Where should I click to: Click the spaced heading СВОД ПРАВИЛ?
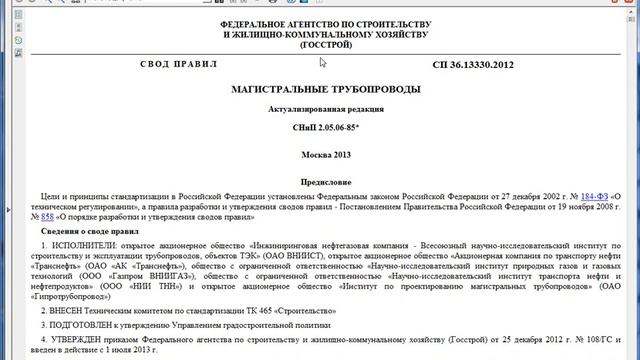tap(179, 65)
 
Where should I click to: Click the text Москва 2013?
tap(326, 156)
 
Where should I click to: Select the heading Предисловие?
tap(326, 182)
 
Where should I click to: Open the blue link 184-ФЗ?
tap(590, 197)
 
